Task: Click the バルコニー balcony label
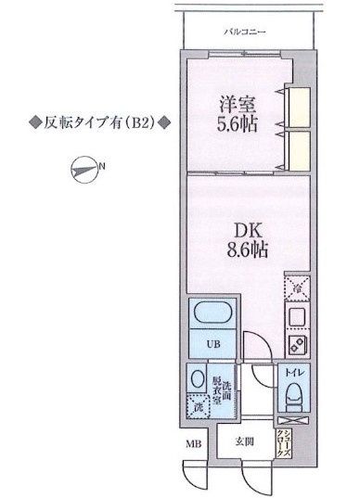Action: tap(246, 32)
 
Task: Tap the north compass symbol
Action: tap(85, 169)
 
